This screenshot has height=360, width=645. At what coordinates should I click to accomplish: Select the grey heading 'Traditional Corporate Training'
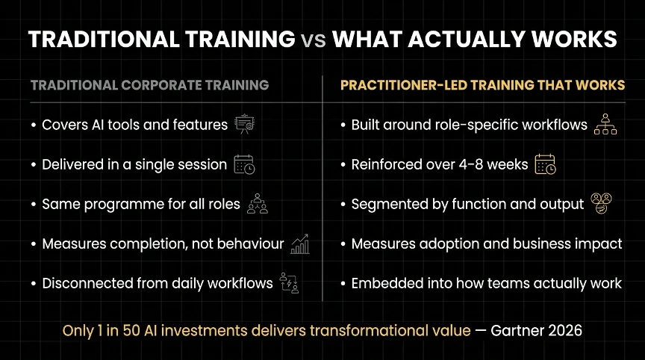pyautogui.click(x=150, y=84)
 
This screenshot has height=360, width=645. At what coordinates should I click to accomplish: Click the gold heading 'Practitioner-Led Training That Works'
pyautogui.click(x=482, y=84)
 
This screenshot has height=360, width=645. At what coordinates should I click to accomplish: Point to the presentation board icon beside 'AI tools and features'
pyautogui.click(x=245, y=124)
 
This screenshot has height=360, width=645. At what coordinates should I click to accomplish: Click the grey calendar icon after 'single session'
pyautogui.click(x=244, y=164)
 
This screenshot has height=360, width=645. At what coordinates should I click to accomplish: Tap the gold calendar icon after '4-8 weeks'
pyautogui.click(x=545, y=164)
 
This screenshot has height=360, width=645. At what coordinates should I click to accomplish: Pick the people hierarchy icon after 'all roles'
pyautogui.click(x=258, y=204)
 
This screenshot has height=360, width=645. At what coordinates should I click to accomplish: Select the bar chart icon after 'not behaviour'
pyautogui.click(x=300, y=244)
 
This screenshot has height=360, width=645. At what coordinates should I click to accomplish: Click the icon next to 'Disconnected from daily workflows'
pyautogui.click(x=289, y=283)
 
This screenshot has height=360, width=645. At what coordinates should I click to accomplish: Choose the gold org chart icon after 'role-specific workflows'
pyautogui.click(x=605, y=124)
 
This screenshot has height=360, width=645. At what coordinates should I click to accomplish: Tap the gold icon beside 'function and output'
pyautogui.click(x=601, y=203)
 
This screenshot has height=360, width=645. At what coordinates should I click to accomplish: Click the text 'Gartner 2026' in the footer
pyautogui.click(x=537, y=330)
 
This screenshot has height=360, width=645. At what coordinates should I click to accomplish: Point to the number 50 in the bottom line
pyautogui.click(x=131, y=330)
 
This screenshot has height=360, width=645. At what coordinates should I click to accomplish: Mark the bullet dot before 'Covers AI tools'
pyautogui.click(x=34, y=125)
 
